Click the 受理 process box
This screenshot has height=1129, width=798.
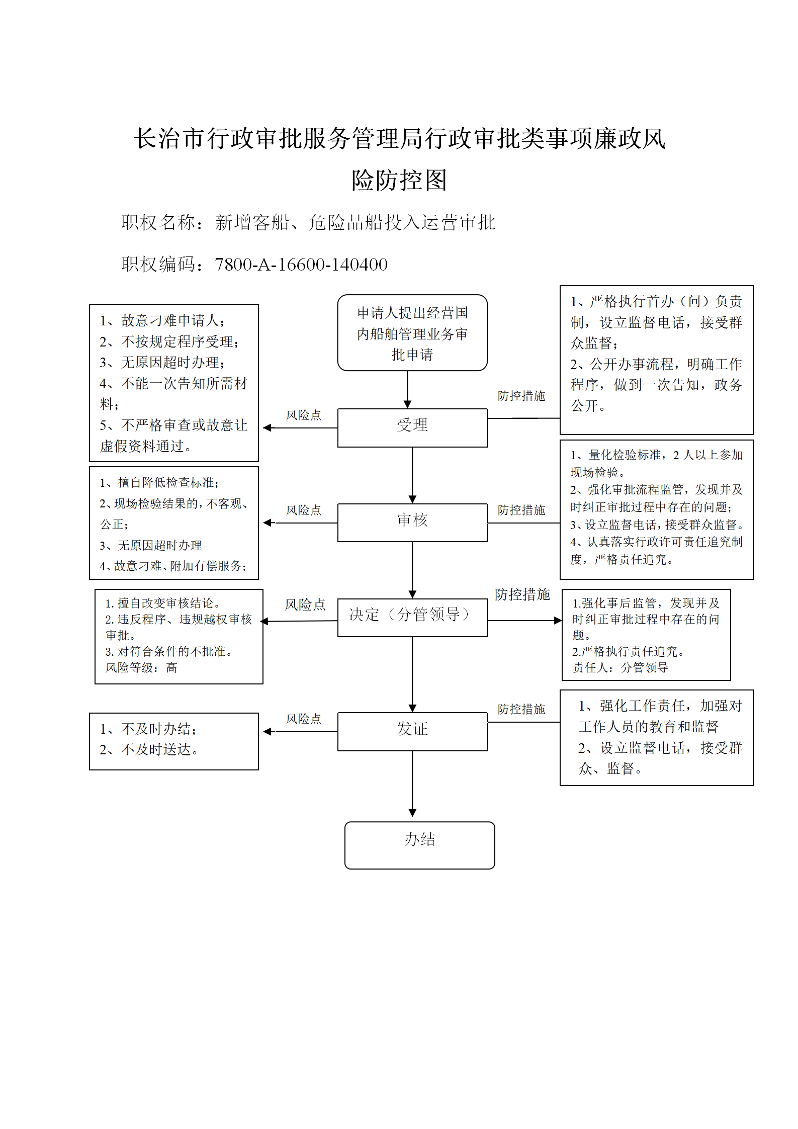(412, 427)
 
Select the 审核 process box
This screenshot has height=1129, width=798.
(412, 523)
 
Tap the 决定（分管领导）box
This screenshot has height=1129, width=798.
(412, 618)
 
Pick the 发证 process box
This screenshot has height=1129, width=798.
(412, 731)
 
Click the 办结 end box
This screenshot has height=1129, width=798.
(419, 845)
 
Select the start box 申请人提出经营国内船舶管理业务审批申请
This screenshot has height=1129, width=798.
(412, 333)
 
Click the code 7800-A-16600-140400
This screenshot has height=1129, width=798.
(301, 265)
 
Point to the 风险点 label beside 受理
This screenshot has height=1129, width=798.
(303, 415)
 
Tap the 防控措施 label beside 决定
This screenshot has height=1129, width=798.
(522, 594)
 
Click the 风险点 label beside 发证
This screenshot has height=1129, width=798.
(303, 719)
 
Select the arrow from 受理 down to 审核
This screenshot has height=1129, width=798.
(412, 475)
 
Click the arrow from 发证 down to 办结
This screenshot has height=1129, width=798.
(412, 784)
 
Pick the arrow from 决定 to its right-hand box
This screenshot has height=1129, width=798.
(525, 621)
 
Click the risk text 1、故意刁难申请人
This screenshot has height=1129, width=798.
(162, 320)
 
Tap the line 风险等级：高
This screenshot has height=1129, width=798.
(141, 668)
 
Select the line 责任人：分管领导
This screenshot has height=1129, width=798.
(620, 668)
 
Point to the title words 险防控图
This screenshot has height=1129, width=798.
(399, 180)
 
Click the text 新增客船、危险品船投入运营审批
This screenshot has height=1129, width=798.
(355, 222)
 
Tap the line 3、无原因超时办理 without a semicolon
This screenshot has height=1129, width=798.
(150, 546)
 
